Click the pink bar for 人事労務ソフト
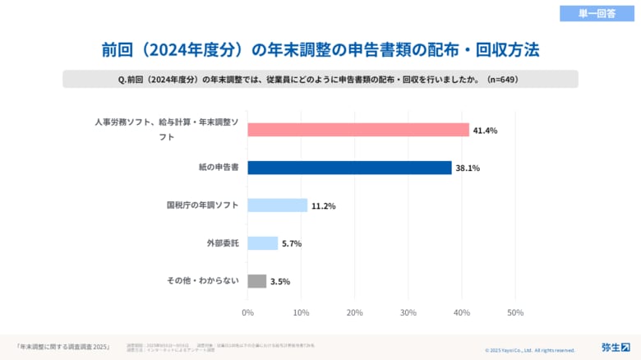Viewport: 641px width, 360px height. (x=357, y=130)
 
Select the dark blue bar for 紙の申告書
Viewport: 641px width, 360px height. (x=349, y=168)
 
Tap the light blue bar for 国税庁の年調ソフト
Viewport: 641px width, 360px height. (x=277, y=205)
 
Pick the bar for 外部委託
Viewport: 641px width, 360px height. (x=262, y=243)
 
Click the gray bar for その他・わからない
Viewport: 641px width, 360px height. (x=256, y=281)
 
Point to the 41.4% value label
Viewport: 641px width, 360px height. (x=486, y=131)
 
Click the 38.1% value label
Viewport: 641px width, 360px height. (x=468, y=168)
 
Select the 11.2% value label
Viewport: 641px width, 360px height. (x=324, y=206)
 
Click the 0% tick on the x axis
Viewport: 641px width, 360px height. (x=247, y=312)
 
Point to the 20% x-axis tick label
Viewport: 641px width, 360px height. (x=355, y=312)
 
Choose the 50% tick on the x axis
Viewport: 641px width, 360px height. (x=515, y=312)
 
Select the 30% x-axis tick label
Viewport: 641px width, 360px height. (x=408, y=312)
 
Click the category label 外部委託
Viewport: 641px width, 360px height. (x=223, y=243)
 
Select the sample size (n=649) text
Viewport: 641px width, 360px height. (x=501, y=79)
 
